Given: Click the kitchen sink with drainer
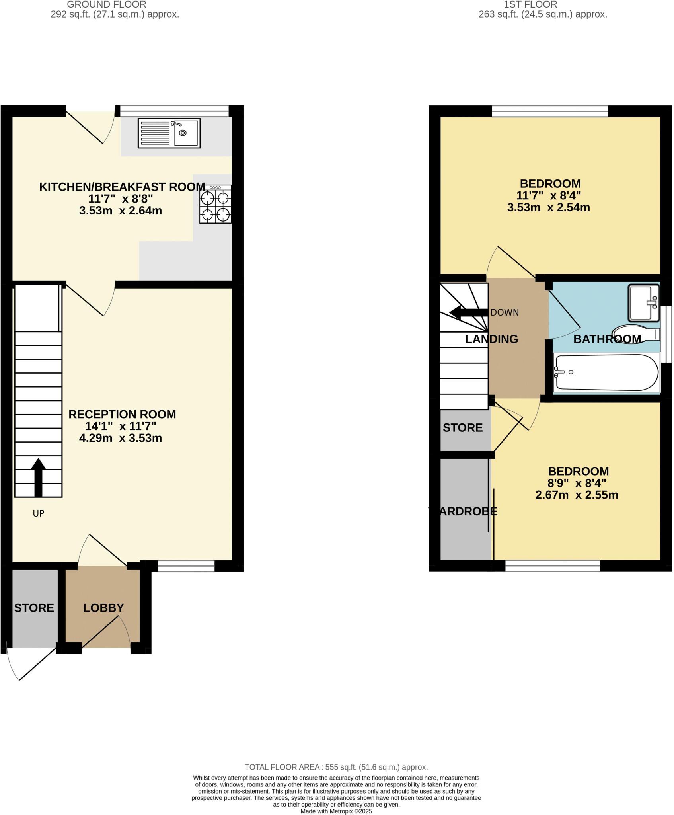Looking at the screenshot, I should (x=169, y=133).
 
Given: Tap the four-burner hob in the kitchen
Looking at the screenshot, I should (x=215, y=204).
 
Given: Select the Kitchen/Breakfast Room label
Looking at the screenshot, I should (x=122, y=187).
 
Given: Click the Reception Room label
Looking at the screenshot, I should (x=122, y=414).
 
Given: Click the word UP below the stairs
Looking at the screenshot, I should (x=38, y=513).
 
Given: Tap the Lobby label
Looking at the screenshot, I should (x=103, y=608).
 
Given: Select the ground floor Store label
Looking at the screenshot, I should (x=34, y=608).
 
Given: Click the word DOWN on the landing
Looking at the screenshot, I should (x=505, y=312).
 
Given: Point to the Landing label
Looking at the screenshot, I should (x=491, y=339).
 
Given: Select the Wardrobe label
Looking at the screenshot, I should (x=463, y=511).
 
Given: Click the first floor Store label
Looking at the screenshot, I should (x=462, y=428).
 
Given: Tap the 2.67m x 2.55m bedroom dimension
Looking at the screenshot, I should (x=577, y=495).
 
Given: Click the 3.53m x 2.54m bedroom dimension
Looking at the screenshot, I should (x=548, y=207).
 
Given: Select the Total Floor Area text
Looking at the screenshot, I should (x=336, y=767).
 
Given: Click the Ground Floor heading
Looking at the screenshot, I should (x=106, y=4).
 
